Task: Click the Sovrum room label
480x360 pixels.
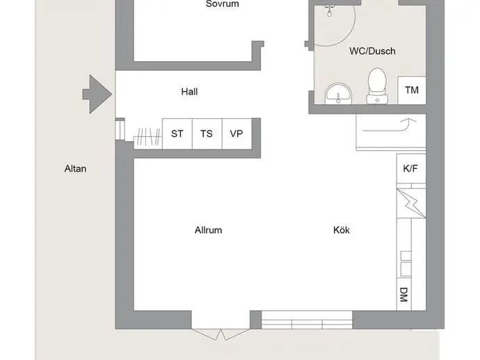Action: pyautogui.click(x=222, y=4)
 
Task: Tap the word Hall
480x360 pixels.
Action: pyautogui.click(x=189, y=92)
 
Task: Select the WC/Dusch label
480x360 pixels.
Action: pyautogui.click(x=372, y=51)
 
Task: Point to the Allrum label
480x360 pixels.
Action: pyautogui.click(x=208, y=230)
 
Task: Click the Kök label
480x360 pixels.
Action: pyautogui.click(x=342, y=230)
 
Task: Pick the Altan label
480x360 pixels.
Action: pyautogui.click(x=75, y=168)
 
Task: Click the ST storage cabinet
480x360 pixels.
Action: pyautogui.click(x=177, y=134)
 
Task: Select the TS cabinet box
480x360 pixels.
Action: pyautogui.click(x=207, y=134)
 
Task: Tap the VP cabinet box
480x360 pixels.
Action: pyautogui.click(x=237, y=134)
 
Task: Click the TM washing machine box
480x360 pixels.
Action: pyautogui.click(x=412, y=90)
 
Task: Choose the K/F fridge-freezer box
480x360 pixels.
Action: pyautogui.click(x=411, y=168)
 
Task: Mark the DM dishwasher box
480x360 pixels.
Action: pyautogui.click(x=403, y=295)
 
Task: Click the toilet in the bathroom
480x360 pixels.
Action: pyautogui.click(x=377, y=85)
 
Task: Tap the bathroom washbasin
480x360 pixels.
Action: pyautogui.click(x=338, y=93)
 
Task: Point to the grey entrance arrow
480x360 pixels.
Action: pyautogui.click(x=97, y=95)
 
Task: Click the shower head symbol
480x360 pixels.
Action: pyautogui.click(x=329, y=10)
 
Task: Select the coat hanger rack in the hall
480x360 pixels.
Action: pyautogui.click(x=148, y=136)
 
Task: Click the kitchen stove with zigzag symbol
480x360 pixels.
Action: pyautogui.click(x=411, y=204)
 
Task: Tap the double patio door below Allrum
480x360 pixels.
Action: pyautogui.click(x=221, y=334)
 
